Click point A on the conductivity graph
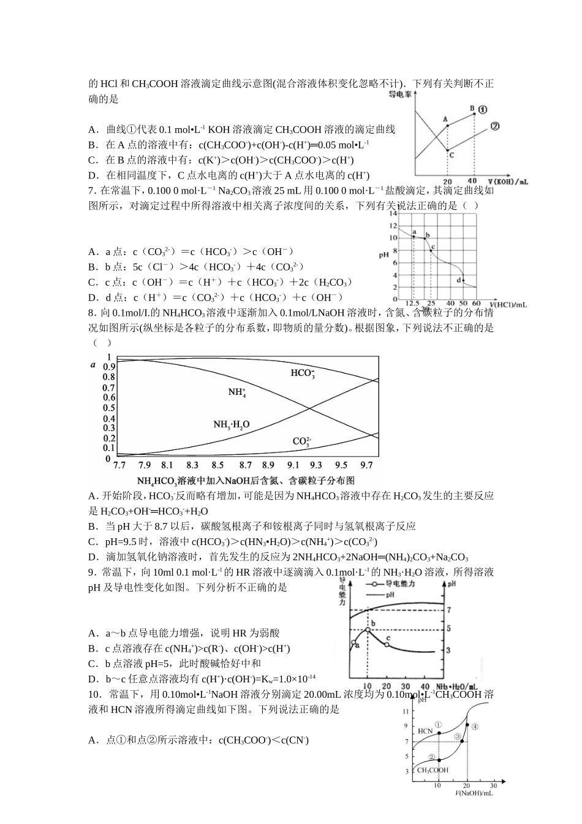pyautogui.click(x=447, y=126)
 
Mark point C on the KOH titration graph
pyautogui.click(x=448, y=150)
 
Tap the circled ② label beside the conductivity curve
pyautogui.click(x=495, y=126)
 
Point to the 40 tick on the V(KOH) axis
pyautogui.click(x=472, y=181)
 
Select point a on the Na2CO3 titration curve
pyautogui.click(x=414, y=236)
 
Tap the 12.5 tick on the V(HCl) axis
pyautogui.click(x=414, y=303)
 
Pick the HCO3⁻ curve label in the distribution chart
pyautogui.click(x=302, y=373)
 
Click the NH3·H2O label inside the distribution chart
pyautogui.click(x=231, y=424)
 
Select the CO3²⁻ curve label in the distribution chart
pyautogui.click(x=302, y=441)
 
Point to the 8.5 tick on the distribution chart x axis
pyautogui.click(x=217, y=465)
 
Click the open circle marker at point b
pyautogui.click(x=367, y=630)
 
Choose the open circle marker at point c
pyautogui.click(x=387, y=644)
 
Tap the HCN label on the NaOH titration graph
pyautogui.click(x=425, y=731)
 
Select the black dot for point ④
pyautogui.click(x=467, y=725)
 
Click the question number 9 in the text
pyautogui.click(x=91, y=573)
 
